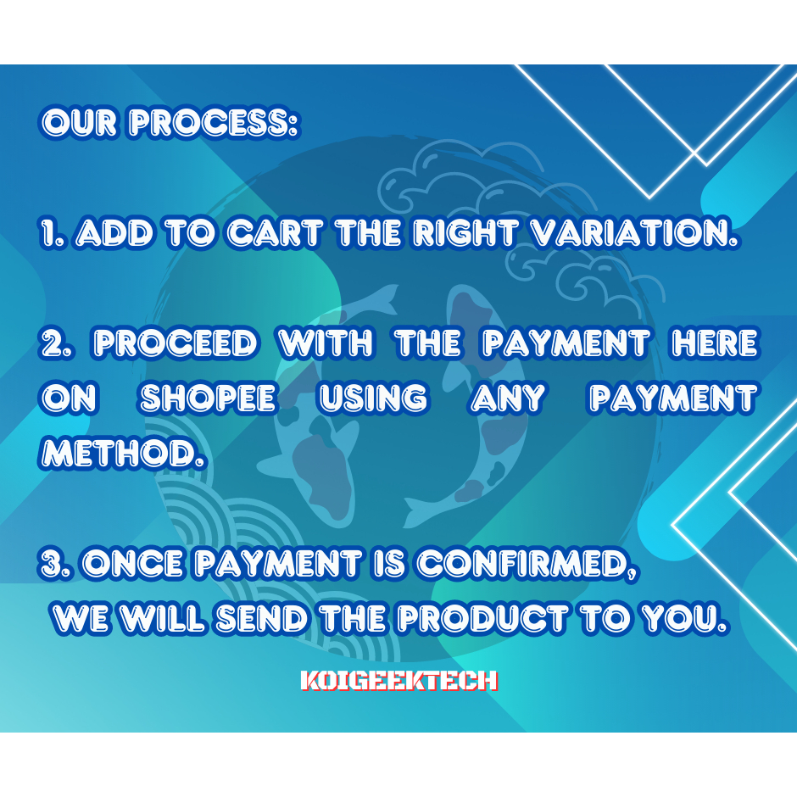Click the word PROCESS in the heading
point(214,122)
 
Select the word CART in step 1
point(275,233)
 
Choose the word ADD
point(114,233)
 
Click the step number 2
point(57,343)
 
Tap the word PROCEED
point(176,343)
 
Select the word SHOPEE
point(209,398)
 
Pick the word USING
point(373,398)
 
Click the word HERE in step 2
point(715,343)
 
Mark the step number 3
point(57,563)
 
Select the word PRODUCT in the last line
point(482,618)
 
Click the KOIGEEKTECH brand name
point(398,681)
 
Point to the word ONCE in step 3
point(134,563)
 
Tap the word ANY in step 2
point(508,398)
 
